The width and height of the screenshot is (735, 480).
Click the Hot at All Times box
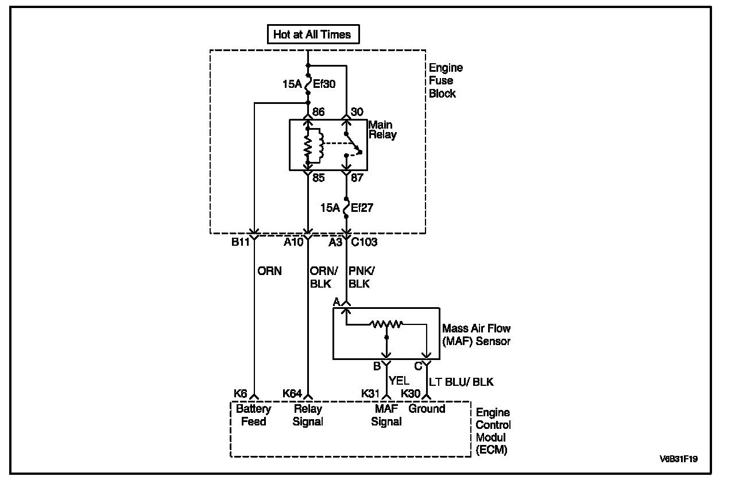313,34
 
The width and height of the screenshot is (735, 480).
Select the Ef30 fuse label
324,84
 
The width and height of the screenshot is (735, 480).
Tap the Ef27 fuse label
362,207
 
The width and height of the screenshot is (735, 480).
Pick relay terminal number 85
319,178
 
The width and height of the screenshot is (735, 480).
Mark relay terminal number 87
357,178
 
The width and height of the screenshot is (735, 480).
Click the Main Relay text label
382,129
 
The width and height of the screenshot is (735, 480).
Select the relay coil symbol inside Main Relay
314,146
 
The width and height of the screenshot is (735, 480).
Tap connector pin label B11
241,242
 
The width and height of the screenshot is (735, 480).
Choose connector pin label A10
293,242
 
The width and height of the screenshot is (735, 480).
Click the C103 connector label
364,242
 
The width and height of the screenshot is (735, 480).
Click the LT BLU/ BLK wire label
461,382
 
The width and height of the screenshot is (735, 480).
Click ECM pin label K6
240,393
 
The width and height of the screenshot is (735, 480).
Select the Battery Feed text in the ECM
253,415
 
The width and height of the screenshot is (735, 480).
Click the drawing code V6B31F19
683,459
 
